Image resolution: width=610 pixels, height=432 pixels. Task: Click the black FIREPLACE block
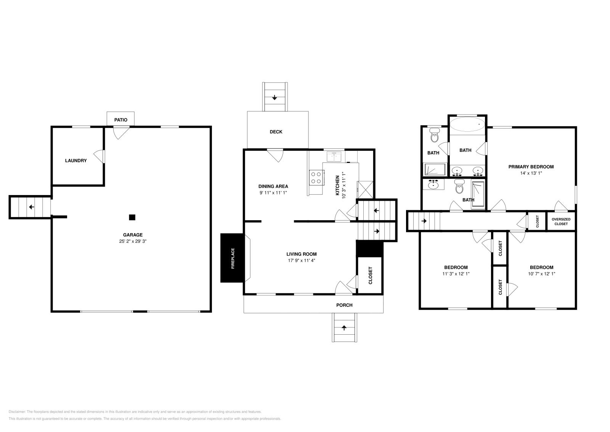(x=232, y=258)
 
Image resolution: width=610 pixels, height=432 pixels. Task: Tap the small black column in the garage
(x=132, y=217)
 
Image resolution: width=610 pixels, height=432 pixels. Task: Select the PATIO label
(x=121, y=120)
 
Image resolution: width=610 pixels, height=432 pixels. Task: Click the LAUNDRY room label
(x=76, y=161)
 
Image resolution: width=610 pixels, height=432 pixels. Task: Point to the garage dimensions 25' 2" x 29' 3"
(x=133, y=241)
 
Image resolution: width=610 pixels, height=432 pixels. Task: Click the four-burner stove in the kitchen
(x=316, y=177)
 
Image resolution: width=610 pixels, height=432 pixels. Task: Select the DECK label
(x=276, y=132)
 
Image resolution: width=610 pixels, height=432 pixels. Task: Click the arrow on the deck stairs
(x=274, y=98)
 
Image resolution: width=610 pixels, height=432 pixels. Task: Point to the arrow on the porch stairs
(x=344, y=327)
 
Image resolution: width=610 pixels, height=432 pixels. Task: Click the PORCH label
(x=344, y=305)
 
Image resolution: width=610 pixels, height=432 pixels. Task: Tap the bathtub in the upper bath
(x=467, y=124)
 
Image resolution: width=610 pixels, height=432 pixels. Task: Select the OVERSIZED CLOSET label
(x=561, y=222)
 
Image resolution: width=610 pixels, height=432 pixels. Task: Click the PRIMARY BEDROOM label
(x=531, y=167)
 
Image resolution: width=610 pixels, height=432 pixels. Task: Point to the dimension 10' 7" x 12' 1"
(x=541, y=274)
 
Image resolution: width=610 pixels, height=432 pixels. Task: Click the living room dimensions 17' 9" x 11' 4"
(x=302, y=261)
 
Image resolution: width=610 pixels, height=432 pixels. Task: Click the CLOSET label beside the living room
(x=370, y=275)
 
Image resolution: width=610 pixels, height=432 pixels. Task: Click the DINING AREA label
(x=273, y=186)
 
